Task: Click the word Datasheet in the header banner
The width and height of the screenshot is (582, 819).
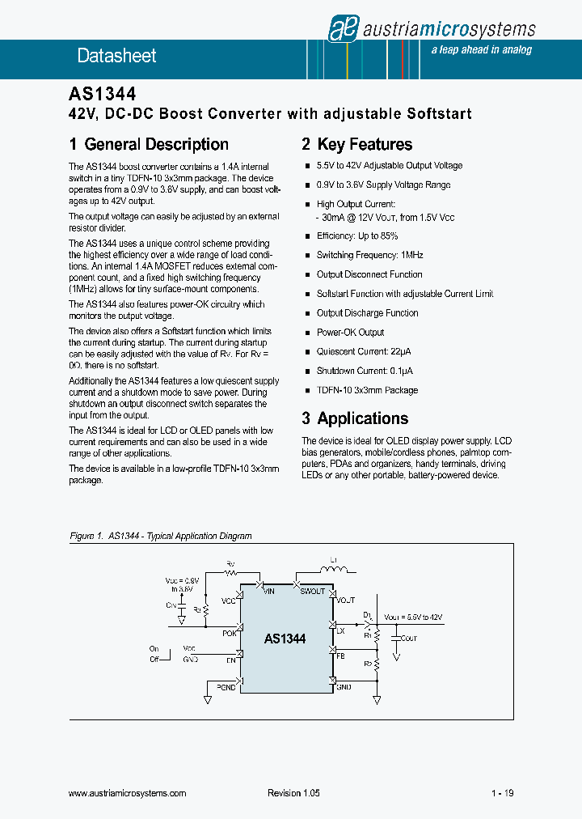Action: click(x=116, y=56)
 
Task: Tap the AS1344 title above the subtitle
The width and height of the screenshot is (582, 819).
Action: click(x=102, y=96)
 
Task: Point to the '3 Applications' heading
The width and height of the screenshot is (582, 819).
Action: click(x=355, y=418)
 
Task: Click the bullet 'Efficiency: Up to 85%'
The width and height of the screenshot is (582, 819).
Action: click(x=357, y=236)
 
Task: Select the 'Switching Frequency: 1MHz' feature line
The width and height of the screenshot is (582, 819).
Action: click(x=369, y=255)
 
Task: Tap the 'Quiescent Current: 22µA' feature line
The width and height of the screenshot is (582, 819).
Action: click(x=365, y=352)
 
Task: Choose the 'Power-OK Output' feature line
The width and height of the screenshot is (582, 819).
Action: click(x=350, y=333)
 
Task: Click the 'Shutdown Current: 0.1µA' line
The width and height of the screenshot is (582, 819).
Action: click(x=365, y=371)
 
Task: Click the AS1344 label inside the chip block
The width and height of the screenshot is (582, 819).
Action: click(x=285, y=639)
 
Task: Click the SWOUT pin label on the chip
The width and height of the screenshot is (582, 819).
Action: click(x=312, y=592)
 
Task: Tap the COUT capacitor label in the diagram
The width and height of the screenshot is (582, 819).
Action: click(x=408, y=638)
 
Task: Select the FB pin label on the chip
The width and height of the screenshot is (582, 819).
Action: click(x=340, y=656)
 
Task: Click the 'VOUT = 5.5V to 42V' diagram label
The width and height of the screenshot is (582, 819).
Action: click(x=413, y=617)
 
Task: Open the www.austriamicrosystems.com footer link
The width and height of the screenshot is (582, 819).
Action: click(x=129, y=793)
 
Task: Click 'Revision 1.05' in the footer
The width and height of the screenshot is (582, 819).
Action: click(x=293, y=793)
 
